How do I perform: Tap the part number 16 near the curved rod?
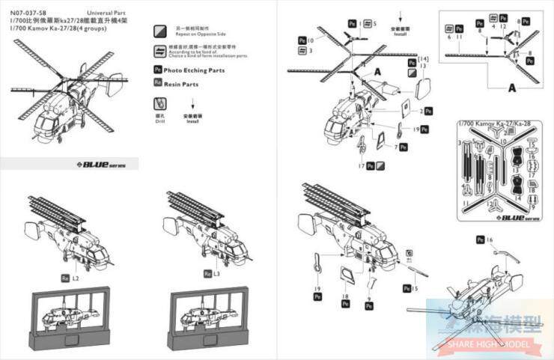click(490, 240)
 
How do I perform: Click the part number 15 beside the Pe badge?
click(415, 288)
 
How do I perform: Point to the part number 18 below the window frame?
click(346, 296)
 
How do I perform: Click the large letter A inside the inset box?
click(512, 88)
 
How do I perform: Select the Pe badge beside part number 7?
click(403, 147)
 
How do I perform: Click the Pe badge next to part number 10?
click(301, 40)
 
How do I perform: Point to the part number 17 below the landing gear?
click(361, 165)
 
